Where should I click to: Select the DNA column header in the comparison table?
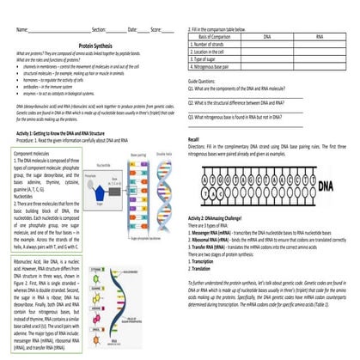pyautogui.click(x=267, y=38)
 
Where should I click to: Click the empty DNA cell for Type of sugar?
pyautogui.click(x=267, y=58)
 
